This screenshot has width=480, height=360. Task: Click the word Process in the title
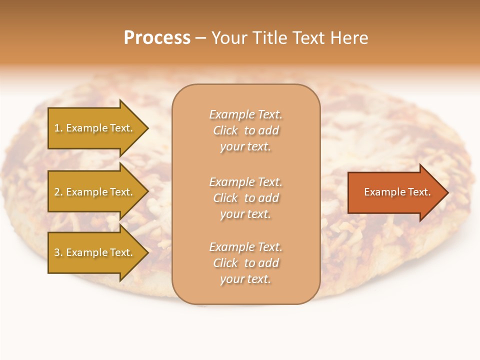[x=157, y=38]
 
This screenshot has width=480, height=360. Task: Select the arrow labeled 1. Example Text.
[x=95, y=128]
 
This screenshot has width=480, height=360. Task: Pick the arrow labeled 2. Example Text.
[x=95, y=192]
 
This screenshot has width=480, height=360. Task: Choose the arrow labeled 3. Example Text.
[x=95, y=252]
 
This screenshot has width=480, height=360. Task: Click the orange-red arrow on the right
[x=395, y=192]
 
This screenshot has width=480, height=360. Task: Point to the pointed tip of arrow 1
[x=147, y=128]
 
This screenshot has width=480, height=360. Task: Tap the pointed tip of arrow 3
[x=147, y=252]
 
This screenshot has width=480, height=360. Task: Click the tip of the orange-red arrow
[x=447, y=192]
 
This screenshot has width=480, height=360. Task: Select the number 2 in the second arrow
[x=57, y=192]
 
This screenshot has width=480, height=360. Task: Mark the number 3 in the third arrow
[x=57, y=252]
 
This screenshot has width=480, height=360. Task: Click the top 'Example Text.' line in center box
[x=245, y=114]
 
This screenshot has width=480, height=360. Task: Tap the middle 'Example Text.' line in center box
[x=245, y=182]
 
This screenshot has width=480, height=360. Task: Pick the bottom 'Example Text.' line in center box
[x=245, y=247]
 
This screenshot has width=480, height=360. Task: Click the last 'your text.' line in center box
[x=245, y=279]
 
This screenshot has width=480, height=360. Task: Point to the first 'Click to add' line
[x=245, y=130]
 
